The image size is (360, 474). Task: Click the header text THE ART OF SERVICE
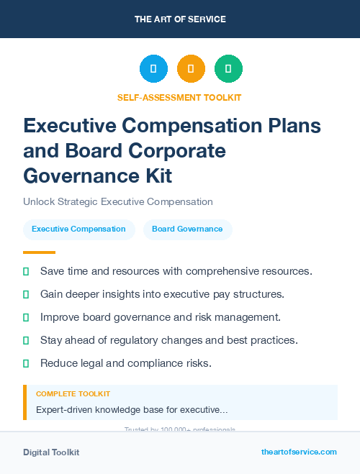tap(180, 19)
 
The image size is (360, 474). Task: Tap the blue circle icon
tap(153, 69)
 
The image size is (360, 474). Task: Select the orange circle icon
tap(191, 69)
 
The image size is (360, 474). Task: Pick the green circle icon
tap(228, 69)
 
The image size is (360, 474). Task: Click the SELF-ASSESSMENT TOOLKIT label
tap(179, 97)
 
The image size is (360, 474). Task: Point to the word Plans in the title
tap(294, 125)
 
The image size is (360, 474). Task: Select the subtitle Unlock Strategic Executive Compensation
tap(118, 202)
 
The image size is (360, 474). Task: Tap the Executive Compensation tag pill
tap(78, 229)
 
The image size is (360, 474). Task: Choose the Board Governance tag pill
tap(187, 229)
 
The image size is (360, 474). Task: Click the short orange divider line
tap(39, 252)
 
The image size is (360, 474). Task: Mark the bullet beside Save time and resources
tap(26, 271)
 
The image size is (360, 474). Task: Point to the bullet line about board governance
tap(160, 317)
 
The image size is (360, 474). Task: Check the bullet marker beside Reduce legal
tap(26, 363)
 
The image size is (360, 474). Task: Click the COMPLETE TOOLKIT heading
tap(73, 394)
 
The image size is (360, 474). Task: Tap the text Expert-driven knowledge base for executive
tap(132, 409)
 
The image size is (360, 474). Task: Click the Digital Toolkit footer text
tap(51, 452)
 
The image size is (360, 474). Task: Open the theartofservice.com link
tap(299, 452)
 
